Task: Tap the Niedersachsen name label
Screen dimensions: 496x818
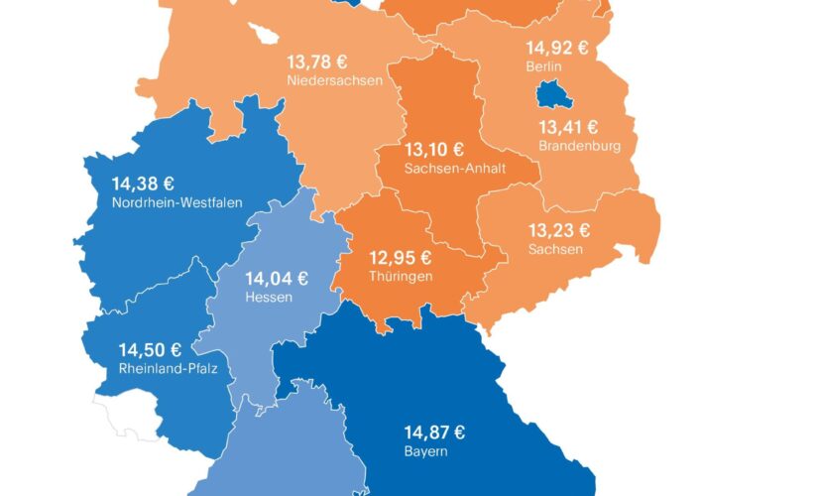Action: (x=334, y=80)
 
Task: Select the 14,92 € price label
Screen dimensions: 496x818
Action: (x=557, y=48)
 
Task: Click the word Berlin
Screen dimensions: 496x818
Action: (x=544, y=66)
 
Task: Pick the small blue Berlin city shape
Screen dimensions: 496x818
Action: (x=549, y=97)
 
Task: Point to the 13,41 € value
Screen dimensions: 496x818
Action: (x=568, y=127)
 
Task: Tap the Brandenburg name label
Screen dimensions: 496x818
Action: (x=579, y=146)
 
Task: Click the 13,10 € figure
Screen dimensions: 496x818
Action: (x=434, y=150)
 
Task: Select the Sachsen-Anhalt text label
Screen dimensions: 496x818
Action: (x=455, y=169)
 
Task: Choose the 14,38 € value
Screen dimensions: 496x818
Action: (x=143, y=184)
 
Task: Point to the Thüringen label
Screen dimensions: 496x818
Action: (x=400, y=276)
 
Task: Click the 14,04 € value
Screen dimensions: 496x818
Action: (x=276, y=278)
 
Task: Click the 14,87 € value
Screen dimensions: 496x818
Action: (x=434, y=432)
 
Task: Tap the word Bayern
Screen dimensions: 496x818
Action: (x=425, y=450)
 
